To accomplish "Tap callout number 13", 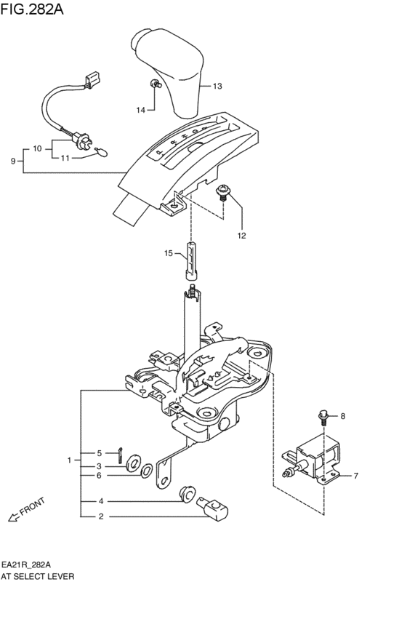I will (x=217, y=87).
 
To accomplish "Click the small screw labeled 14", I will (x=155, y=84).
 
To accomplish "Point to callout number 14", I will (x=141, y=110).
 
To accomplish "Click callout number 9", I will (x=13, y=161).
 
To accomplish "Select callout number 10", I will (x=36, y=148).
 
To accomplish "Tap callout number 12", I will (x=241, y=235).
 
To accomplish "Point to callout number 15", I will (x=168, y=253).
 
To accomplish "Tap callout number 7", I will (x=355, y=476).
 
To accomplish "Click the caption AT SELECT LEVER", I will (x=38, y=575).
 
